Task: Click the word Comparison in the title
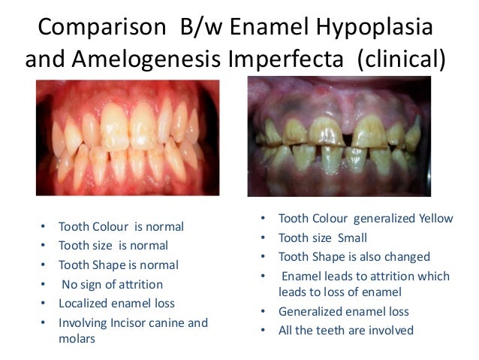[x=101, y=28]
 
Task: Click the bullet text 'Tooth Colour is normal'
[x=121, y=226]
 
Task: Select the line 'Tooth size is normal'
[x=113, y=245]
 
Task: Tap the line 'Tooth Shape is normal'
[x=118, y=265]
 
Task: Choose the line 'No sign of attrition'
[x=113, y=284]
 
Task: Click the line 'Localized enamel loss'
[x=116, y=304]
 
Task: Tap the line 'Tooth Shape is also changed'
[x=354, y=256]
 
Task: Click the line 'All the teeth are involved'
[x=345, y=329]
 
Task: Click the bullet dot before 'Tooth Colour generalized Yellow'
[x=263, y=219]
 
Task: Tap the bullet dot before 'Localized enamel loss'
[x=43, y=304]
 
